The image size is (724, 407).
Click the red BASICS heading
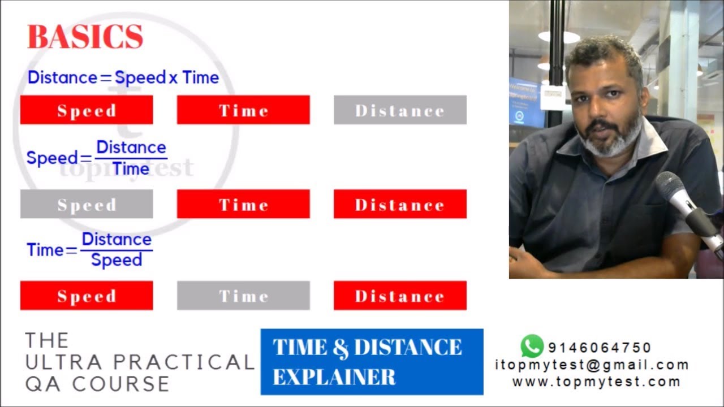(85, 37)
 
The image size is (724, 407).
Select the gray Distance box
(400, 110)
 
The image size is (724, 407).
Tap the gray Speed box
(87, 204)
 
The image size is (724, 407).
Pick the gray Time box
(243, 296)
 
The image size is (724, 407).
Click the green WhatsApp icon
(532, 346)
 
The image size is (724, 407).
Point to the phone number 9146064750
(600, 348)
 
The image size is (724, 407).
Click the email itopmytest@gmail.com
(592, 365)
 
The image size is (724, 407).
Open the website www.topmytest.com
(596, 382)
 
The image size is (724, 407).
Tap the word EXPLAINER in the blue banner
(334, 377)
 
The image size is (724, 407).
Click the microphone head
(671, 187)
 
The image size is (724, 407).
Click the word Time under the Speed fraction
(131, 168)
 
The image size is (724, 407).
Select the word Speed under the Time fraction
(117, 260)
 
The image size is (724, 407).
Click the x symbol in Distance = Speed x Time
(173, 78)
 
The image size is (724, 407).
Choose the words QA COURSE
(97, 384)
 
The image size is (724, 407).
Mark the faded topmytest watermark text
(127, 168)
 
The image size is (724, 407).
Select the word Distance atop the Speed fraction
(131, 148)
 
